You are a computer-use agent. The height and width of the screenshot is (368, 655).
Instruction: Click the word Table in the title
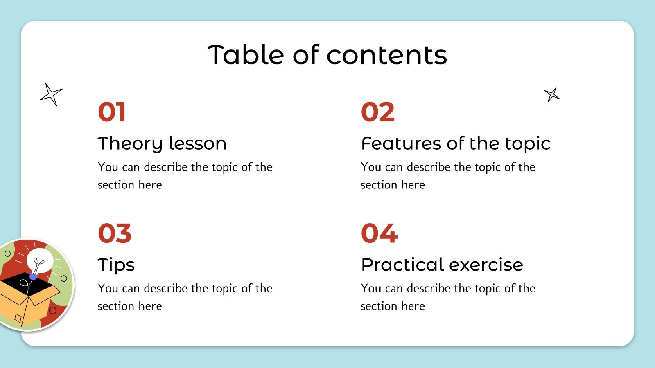point(246,54)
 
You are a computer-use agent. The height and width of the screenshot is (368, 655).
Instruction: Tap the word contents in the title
point(386,55)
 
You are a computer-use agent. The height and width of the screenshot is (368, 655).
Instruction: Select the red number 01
point(112,112)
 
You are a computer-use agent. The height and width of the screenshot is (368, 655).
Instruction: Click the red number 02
point(378,112)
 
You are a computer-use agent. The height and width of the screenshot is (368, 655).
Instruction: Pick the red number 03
point(115,233)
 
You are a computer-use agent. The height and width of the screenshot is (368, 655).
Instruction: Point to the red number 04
point(379,233)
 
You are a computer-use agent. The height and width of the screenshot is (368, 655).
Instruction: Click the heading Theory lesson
point(162,144)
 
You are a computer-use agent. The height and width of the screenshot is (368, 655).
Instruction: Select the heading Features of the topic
point(456,144)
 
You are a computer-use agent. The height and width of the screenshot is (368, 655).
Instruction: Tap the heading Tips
point(116,265)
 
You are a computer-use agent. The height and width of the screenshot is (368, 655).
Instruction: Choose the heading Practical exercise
point(442,265)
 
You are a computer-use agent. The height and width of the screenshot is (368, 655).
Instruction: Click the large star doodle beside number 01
point(51,94)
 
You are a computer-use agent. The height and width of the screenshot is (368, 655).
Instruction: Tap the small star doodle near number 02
point(552,94)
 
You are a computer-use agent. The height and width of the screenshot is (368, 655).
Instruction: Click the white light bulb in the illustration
point(40,260)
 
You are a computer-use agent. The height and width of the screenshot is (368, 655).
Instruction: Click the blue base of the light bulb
point(33,276)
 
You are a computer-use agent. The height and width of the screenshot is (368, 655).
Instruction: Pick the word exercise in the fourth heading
point(486,265)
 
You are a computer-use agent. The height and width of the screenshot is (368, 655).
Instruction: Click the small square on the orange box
point(18,318)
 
